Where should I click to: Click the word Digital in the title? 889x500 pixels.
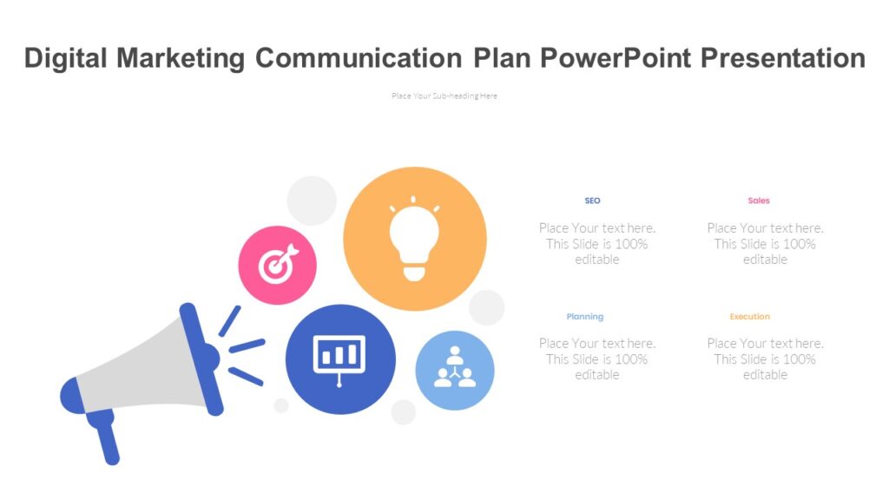[66, 58]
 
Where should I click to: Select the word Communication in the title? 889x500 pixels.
[359, 58]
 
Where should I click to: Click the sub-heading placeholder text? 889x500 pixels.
[444, 95]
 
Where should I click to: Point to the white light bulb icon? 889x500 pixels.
[414, 240]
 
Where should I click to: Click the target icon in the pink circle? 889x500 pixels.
[278, 265]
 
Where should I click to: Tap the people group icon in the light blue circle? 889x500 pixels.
[455, 370]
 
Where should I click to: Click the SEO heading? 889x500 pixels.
[592, 201]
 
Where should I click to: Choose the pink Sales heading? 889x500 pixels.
[759, 201]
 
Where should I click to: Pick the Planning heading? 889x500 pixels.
[585, 317]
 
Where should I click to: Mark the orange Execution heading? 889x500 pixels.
[750, 317]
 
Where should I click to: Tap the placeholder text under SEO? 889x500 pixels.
[597, 244]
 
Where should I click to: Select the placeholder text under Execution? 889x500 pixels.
[765, 359]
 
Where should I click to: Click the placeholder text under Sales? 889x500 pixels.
[765, 244]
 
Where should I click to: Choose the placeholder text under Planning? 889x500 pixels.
[597, 359]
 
